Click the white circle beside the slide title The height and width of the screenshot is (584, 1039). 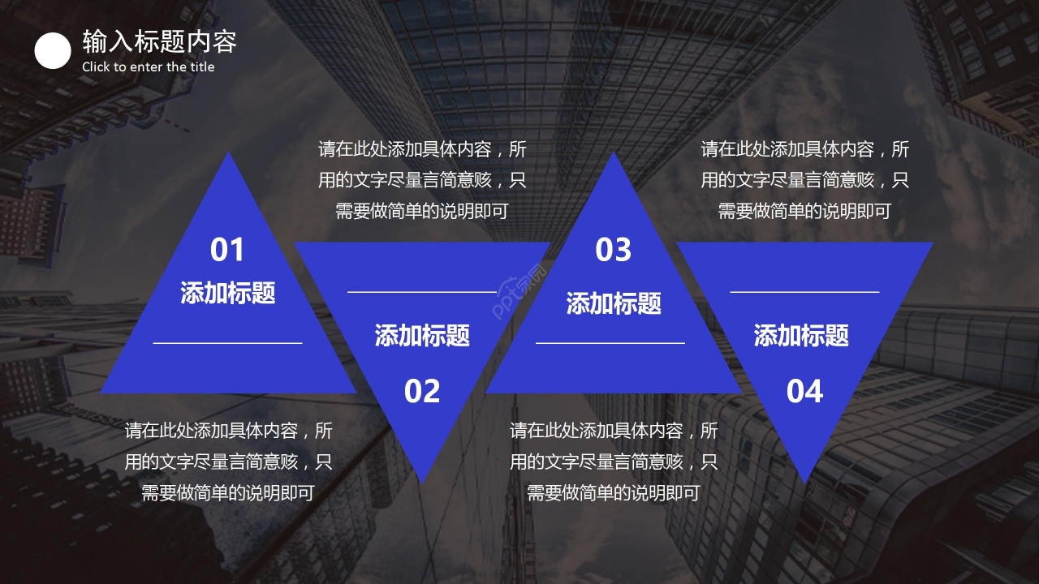coord(53,51)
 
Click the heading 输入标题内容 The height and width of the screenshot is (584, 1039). coord(159,41)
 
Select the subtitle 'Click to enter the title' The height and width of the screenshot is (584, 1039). coord(148,67)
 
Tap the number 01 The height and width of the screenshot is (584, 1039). coord(227,250)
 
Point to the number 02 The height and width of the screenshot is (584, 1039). coord(422,392)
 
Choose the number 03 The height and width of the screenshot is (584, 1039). coord(613,250)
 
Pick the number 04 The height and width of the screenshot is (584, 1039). coord(804,392)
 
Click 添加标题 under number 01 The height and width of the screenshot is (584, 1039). coord(228,293)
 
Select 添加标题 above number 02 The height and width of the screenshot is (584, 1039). coord(422,335)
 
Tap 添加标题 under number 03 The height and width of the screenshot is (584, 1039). coord(614,303)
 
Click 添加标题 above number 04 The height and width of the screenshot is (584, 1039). coord(801,335)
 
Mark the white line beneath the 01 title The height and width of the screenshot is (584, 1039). coord(227,343)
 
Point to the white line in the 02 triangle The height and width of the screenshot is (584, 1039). coord(422,291)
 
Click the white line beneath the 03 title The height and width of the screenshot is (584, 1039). coord(610,343)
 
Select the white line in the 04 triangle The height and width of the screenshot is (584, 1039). coord(804,291)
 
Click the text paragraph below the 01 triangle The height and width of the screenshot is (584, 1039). coord(228,462)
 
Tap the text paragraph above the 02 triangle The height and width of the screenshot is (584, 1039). coord(422,180)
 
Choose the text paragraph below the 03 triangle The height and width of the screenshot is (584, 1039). coord(614,462)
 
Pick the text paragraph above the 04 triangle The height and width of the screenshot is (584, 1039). coord(804,180)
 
